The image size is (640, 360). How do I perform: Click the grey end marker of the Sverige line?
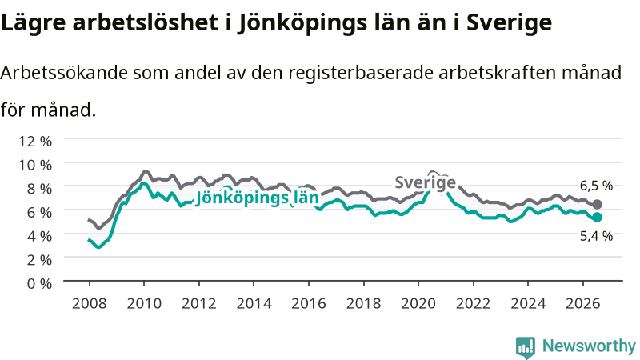tap(597, 205)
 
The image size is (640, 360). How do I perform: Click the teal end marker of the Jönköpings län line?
tap(597, 218)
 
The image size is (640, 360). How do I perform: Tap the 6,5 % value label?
tap(596, 186)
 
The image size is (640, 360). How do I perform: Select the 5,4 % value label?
tap(596, 236)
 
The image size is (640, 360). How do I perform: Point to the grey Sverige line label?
tap(425, 182)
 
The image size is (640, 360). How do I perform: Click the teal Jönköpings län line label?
tap(257, 198)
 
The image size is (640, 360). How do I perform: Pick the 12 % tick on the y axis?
tap(35, 142)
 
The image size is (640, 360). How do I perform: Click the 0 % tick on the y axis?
tap(39, 283)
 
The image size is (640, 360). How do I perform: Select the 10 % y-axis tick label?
tap(35, 165)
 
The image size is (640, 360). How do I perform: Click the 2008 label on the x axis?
tap(90, 303)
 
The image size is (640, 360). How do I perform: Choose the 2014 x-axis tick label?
tap(254, 303)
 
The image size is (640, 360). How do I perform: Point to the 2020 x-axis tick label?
tap(418, 303)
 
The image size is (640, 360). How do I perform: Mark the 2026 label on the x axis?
tap(583, 303)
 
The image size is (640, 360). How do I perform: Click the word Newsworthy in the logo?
tap(589, 346)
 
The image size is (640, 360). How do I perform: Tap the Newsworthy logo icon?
tap(526, 347)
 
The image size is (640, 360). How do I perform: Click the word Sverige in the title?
tap(509, 22)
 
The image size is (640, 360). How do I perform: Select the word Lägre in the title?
tap(33, 22)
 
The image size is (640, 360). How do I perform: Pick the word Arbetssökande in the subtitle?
tap(64, 73)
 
